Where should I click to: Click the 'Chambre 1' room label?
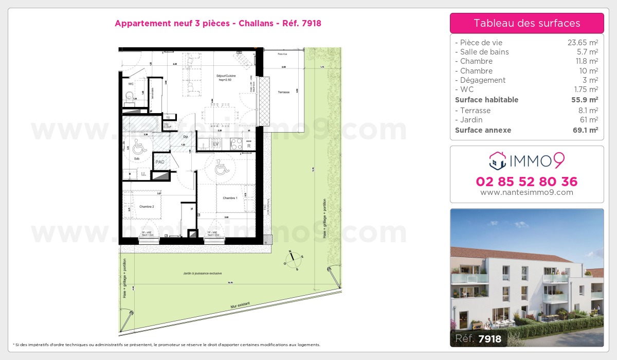[229, 198]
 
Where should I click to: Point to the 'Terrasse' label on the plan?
[283, 92]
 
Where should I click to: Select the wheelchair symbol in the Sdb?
[138, 148]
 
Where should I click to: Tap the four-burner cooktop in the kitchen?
[236, 144]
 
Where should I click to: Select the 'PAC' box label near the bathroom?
[160, 161]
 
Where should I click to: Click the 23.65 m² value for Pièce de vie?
[582, 43]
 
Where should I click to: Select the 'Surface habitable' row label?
[486, 100]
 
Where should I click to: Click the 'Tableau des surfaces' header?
[527, 23]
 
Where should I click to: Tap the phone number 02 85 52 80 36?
[527, 182]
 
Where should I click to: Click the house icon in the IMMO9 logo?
[497, 161]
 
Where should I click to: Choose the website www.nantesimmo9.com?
[527, 192]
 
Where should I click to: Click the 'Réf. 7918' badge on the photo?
[479, 338]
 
